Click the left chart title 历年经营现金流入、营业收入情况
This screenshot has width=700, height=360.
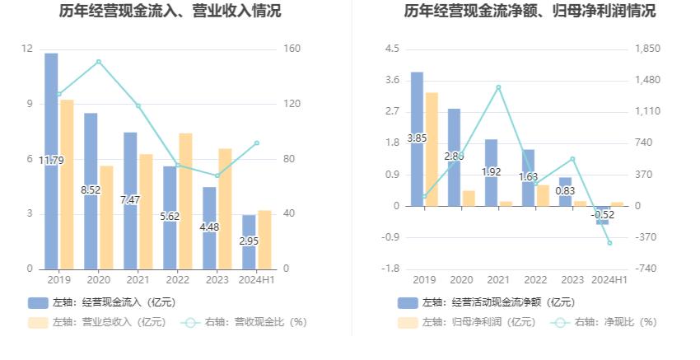pos(170,12)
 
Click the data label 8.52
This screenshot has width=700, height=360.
pos(91,189)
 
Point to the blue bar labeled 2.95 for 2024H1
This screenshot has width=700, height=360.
pos(249,241)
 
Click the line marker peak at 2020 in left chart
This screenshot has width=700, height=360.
pos(99,62)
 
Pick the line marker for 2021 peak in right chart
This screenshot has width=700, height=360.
pos(498,87)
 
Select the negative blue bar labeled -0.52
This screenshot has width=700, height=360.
pos(603,215)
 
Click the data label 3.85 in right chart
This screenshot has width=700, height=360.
pos(417,138)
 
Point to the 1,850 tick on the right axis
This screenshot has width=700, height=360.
pos(647,49)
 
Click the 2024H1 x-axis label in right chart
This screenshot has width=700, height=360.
pos(610,280)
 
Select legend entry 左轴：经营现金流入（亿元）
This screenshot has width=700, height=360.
pos(102,302)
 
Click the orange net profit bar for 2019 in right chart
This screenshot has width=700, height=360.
pos(432,148)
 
